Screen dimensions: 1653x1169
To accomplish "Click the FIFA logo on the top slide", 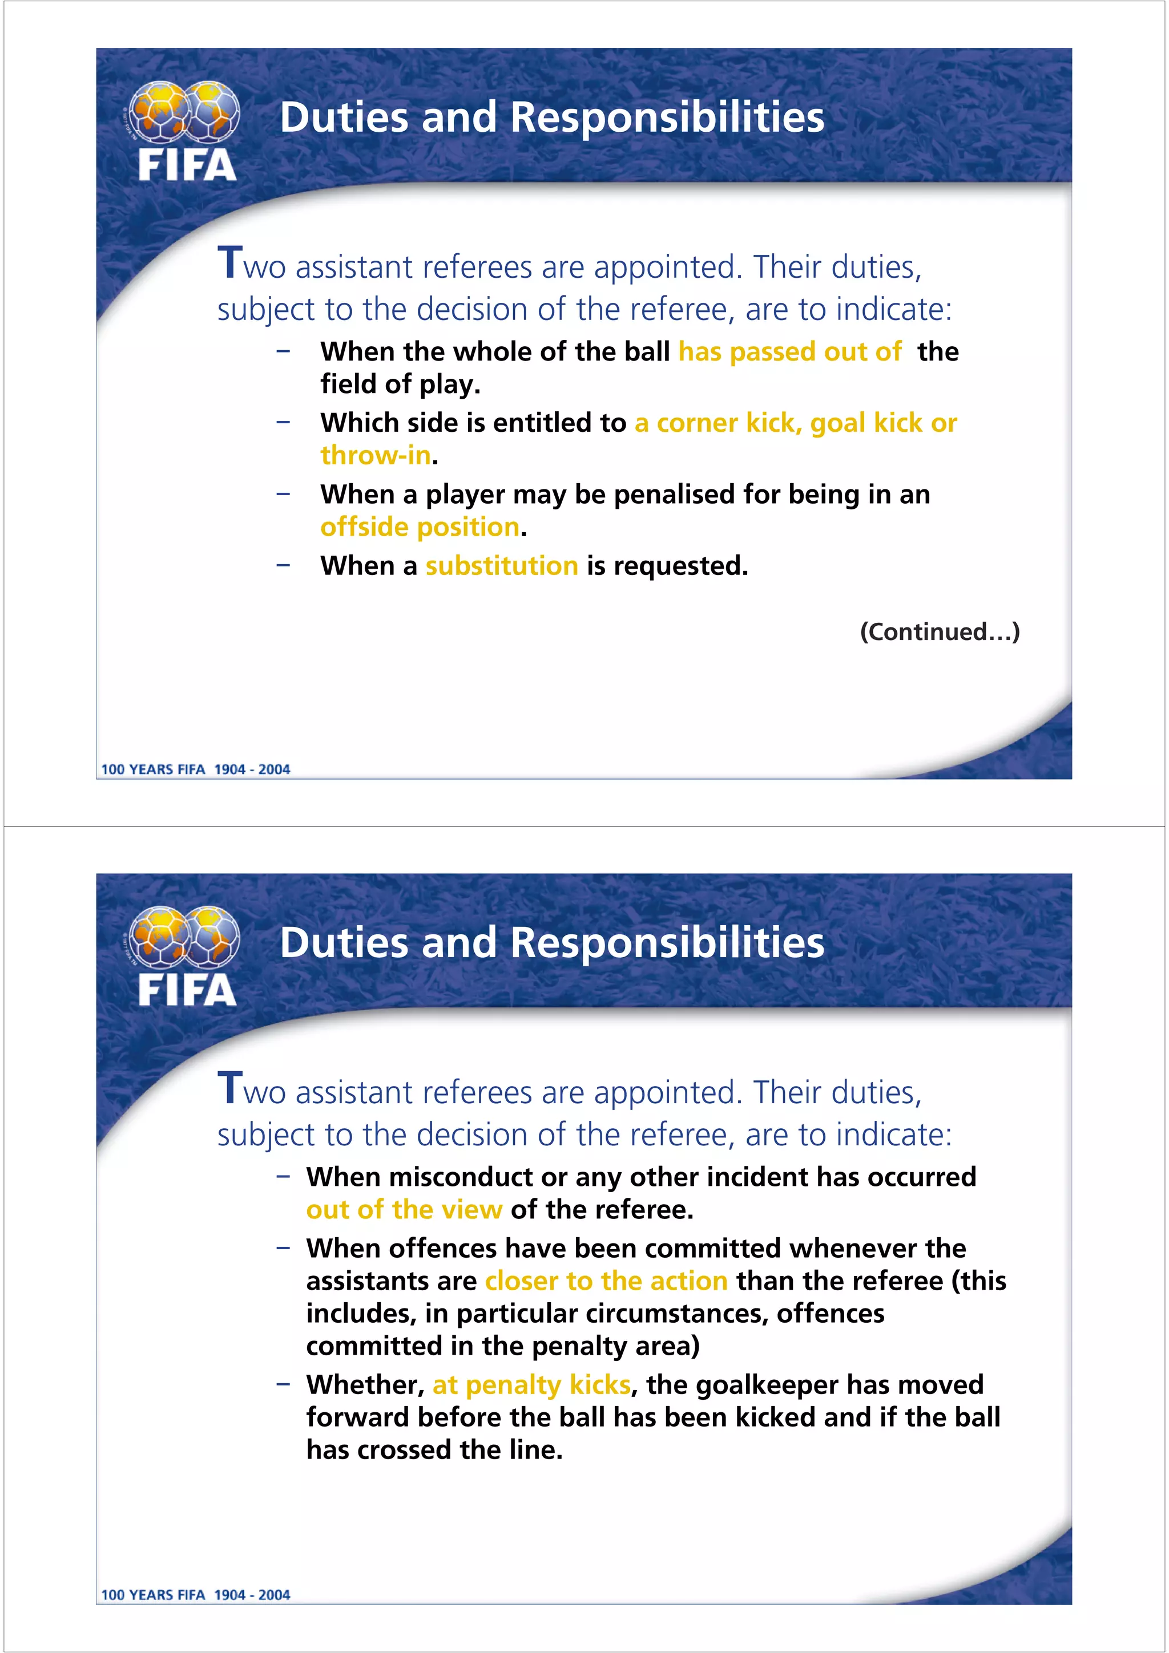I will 186,131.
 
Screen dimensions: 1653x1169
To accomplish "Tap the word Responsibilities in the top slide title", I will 667,118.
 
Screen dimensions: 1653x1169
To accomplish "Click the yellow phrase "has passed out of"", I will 789,351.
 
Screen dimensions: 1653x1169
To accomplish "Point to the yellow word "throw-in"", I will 375,455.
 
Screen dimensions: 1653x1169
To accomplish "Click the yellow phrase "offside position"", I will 419,527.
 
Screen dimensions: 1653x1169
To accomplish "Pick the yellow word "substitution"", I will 501,566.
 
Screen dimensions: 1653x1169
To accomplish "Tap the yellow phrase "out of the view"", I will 404,1209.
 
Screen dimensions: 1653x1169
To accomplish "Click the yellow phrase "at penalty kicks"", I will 531,1384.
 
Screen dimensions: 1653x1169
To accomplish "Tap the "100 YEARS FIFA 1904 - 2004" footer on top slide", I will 195,769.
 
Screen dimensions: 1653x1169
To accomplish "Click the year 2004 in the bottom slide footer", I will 274,1595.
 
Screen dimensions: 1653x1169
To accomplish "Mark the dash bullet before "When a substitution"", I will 283,565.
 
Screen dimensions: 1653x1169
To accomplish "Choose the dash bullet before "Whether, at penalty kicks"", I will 283,1384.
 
